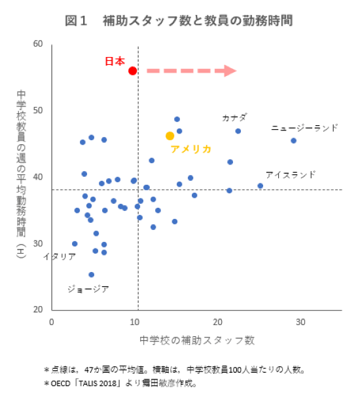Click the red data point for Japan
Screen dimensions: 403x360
coord(132,71)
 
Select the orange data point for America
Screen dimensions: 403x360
coord(170,136)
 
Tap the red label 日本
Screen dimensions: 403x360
coord(115,61)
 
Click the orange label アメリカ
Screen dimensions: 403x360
coord(190,149)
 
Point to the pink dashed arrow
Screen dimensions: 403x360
coord(190,71)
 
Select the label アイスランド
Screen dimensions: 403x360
coord(290,175)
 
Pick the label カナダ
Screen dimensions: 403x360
coord(234,118)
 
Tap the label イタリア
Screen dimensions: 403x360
coord(60,257)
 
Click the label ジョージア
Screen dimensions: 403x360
coord(88,289)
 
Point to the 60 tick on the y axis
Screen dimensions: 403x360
coord(38,44)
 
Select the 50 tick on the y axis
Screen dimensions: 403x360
coord(38,110)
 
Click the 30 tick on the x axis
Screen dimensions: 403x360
coord(300,322)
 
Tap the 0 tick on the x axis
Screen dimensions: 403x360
coord(52,322)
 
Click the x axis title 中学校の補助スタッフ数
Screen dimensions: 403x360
coord(196,341)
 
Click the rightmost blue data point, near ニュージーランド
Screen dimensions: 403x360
coord(293,140)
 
